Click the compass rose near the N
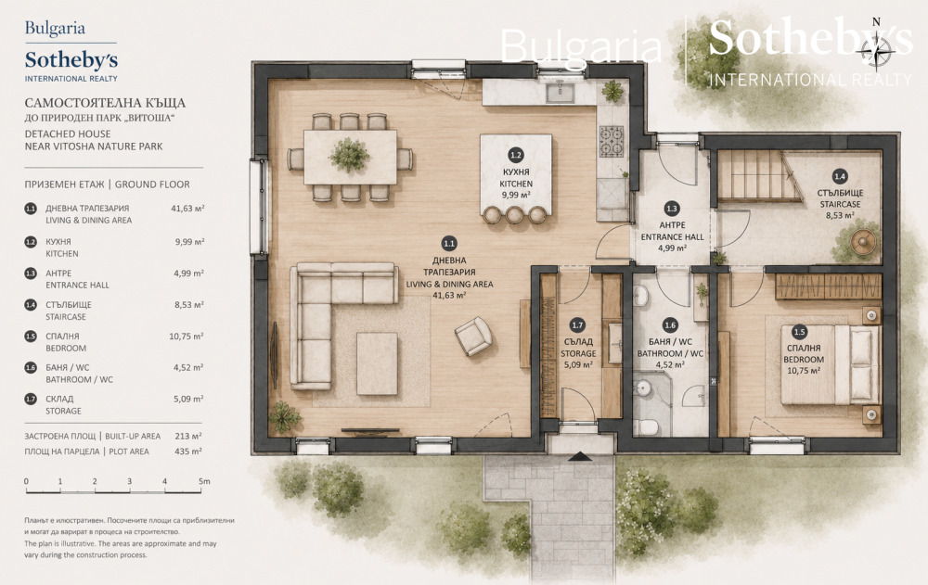[876, 51]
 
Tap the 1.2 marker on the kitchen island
[515, 155]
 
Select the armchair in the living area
[473, 336]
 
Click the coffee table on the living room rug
[377, 363]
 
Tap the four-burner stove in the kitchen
[611, 141]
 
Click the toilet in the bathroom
[646, 426]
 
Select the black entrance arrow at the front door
[580, 456]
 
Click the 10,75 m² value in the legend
[187, 336]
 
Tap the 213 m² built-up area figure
[188, 436]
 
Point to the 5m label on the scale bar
[204, 481]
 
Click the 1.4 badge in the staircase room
[839, 175]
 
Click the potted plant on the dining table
[349, 155]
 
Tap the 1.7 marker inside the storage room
[577, 324]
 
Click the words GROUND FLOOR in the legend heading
[152, 184]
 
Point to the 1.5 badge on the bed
[800, 333]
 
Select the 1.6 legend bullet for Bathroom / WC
[31, 367]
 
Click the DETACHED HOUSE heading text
[68, 134]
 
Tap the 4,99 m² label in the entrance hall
[672, 248]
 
